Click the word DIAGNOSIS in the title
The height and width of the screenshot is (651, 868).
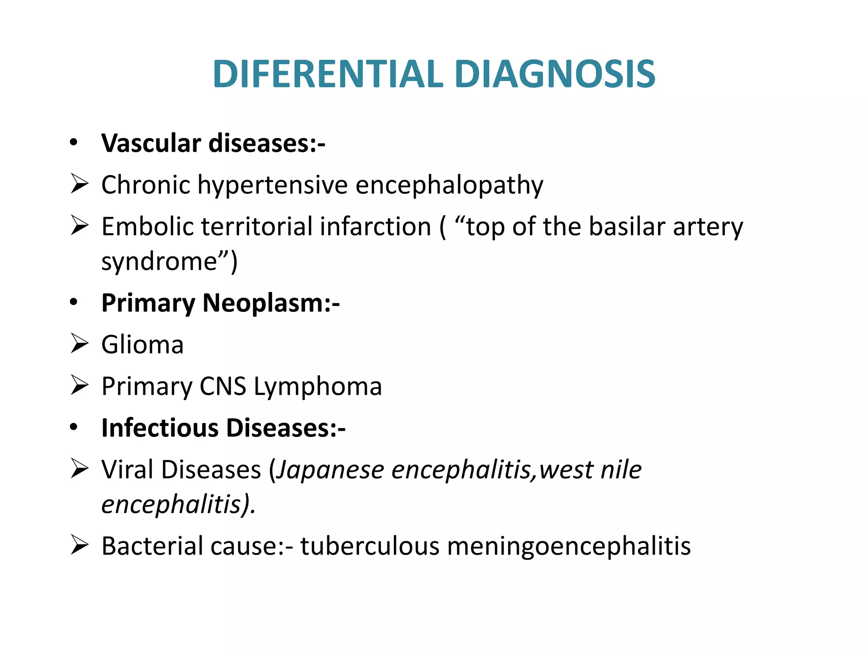[555, 74]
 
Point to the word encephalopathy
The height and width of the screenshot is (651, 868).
[449, 186]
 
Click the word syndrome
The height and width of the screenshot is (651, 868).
[159, 262]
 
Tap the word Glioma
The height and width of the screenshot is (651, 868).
[142, 344]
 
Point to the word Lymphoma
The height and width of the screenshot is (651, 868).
[318, 386]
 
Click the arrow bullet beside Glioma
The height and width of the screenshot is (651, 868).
[79, 343]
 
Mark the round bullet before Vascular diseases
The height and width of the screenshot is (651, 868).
[74, 143]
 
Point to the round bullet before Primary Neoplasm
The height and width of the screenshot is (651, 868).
[74, 303]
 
